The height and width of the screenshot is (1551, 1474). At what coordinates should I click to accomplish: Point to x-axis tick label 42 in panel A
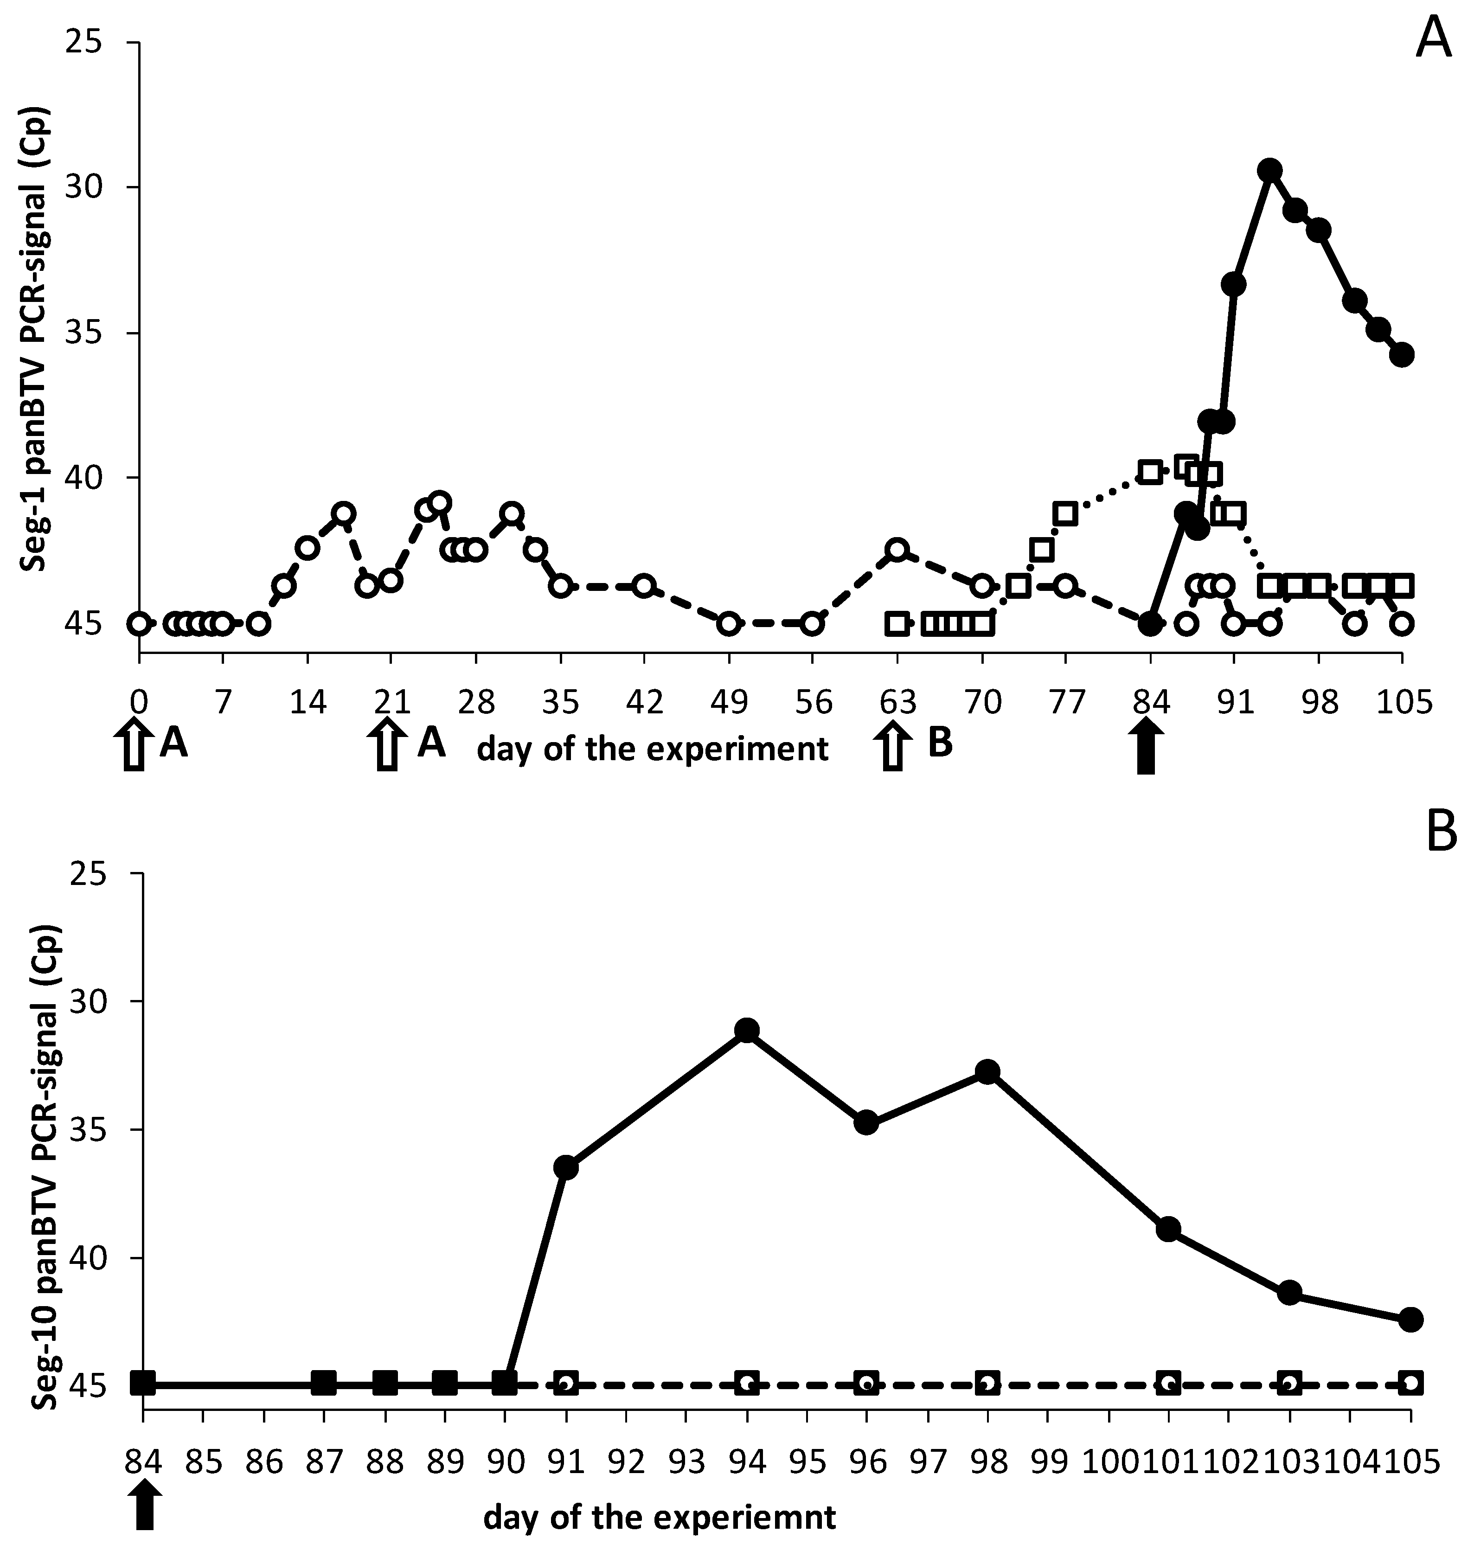click(x=644, y=702)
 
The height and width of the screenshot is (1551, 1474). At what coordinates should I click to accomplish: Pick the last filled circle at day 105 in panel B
click(x=1410, y=1319)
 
